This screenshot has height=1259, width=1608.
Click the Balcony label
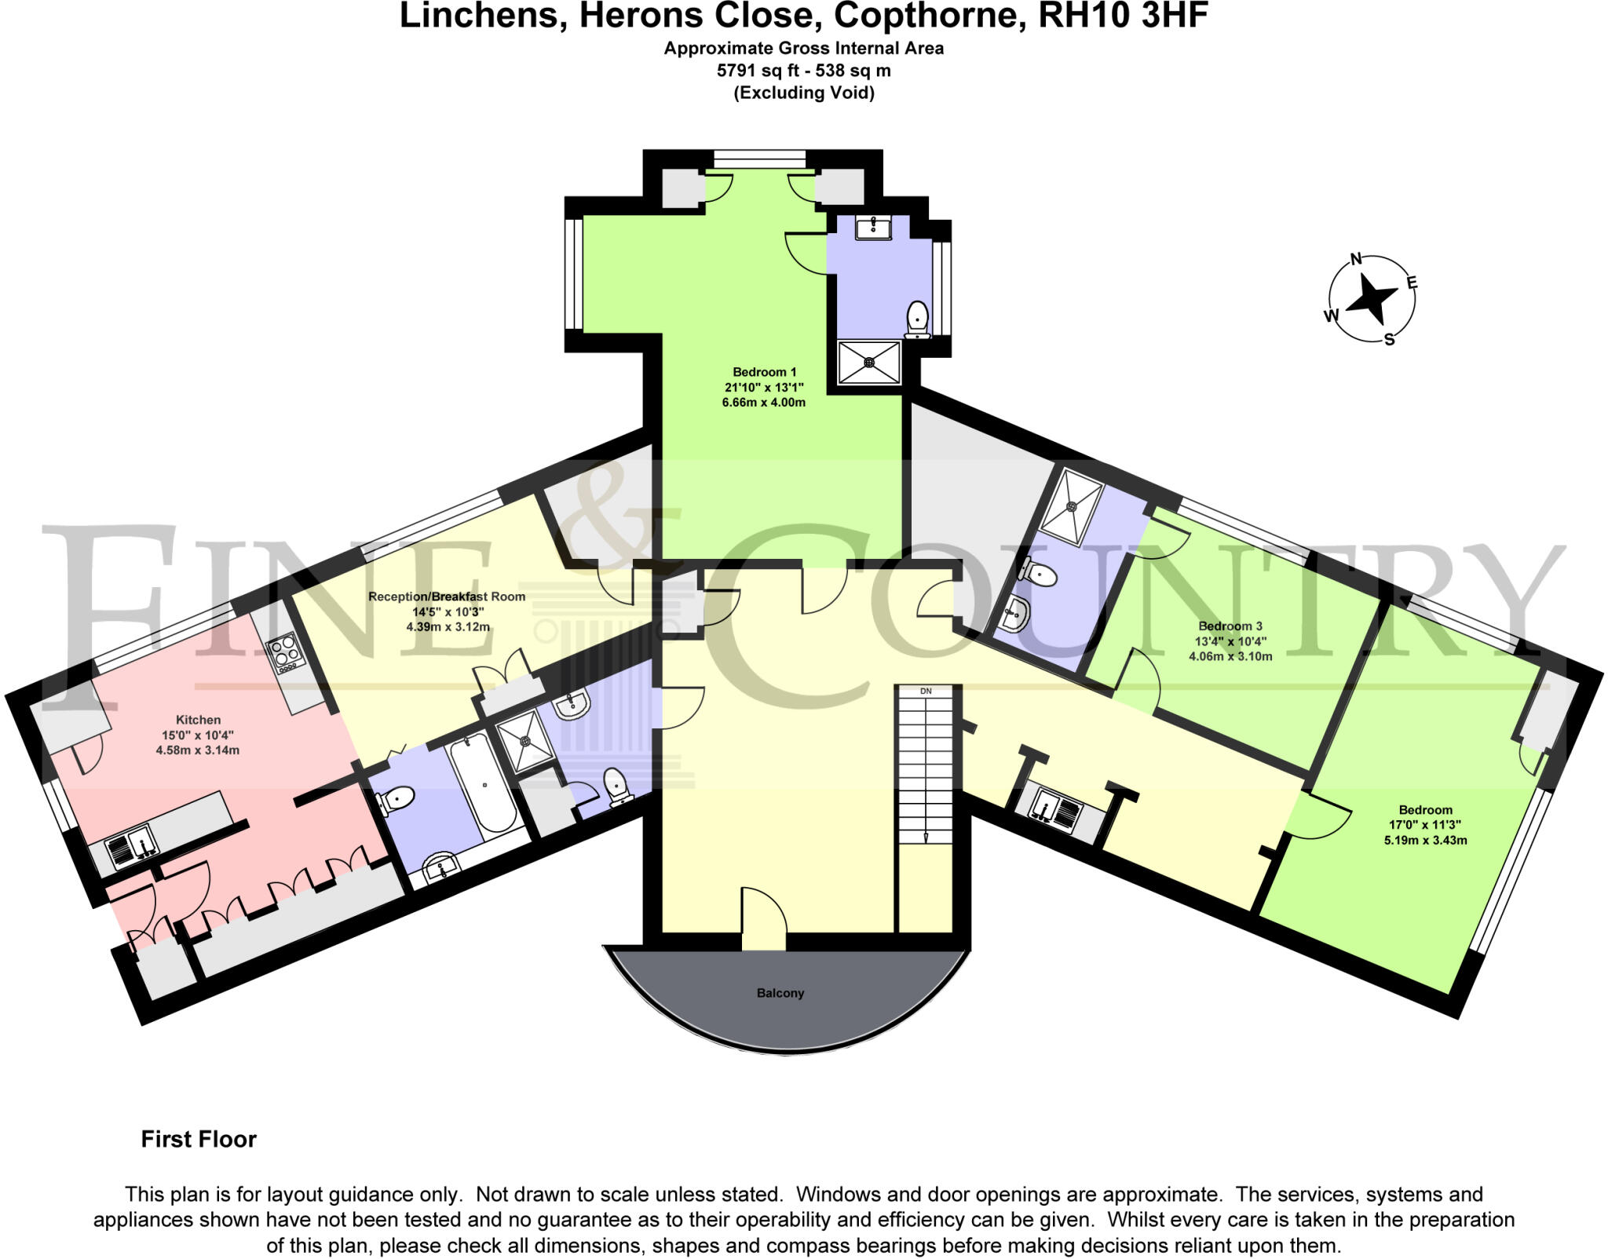point(780,993)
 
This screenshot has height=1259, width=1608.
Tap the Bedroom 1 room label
point(764,372)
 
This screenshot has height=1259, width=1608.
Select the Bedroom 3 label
point(1230,626)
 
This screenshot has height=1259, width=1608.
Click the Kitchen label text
point(198,720)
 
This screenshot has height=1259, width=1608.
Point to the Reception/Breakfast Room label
point(447,597)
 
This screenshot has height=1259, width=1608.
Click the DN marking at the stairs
point(926,692)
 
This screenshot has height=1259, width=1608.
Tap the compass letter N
point(1355,260)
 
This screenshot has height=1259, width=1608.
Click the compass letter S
point(1389,340)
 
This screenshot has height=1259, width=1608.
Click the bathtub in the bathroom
point(483,785)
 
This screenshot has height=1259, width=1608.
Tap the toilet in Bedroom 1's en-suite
point(917,319)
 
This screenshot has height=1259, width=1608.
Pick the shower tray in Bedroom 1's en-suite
point(869,363)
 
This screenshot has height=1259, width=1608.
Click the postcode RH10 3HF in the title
point(1123,16)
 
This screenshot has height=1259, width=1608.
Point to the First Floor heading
point(199,1139)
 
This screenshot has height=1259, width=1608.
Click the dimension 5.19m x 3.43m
point(1425,840)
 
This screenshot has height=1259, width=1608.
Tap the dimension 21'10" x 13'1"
point(764,387)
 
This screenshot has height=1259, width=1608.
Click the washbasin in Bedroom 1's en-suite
point(872,228)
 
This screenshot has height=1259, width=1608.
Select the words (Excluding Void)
point(804,93)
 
